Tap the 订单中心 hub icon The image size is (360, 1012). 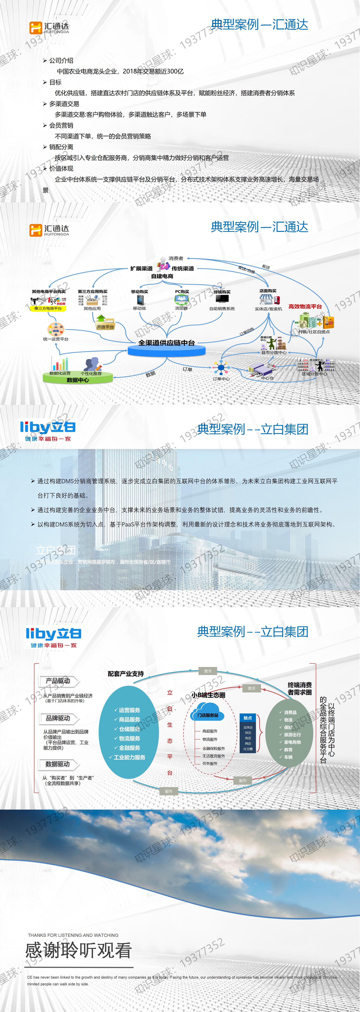[x=221, y=368]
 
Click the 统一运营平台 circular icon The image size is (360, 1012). [x=56, y=329]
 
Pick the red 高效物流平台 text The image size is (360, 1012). [x=305, y=306]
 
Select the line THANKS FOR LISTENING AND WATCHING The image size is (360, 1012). [x=73, y=935]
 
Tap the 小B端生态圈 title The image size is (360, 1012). [x=208, y=695]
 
